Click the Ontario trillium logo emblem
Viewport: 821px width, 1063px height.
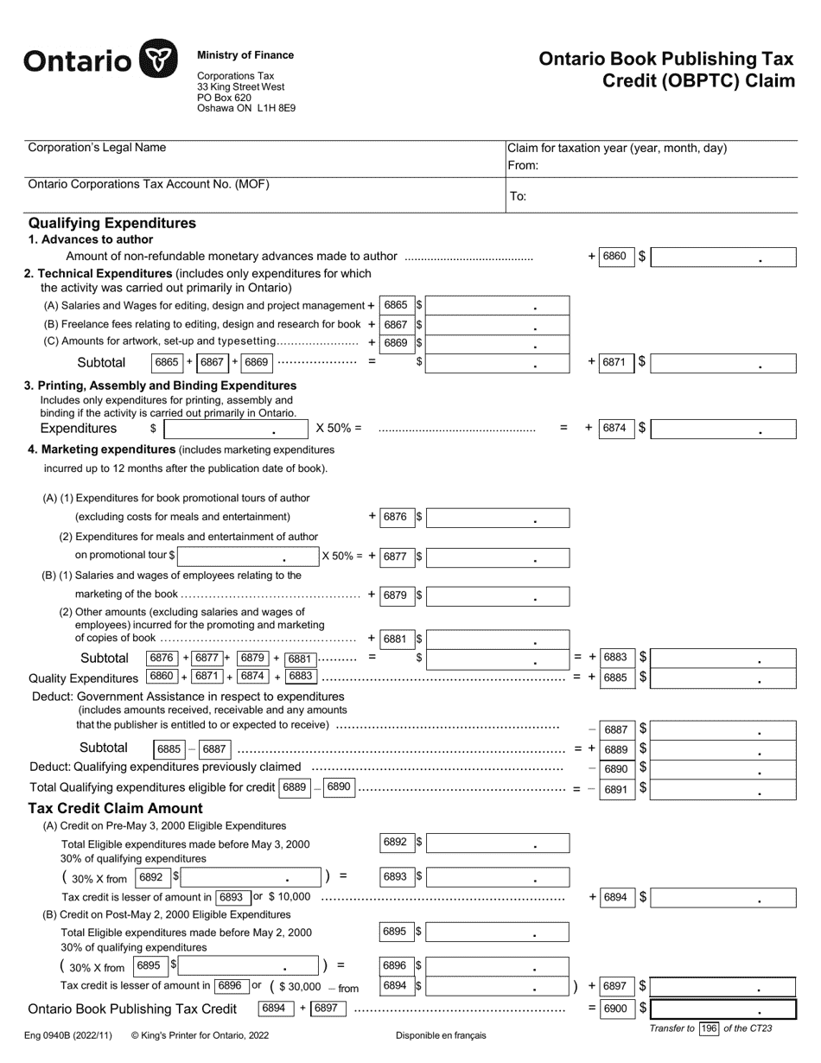coord(158,60)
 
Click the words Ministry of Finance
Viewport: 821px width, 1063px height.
coord(245,55)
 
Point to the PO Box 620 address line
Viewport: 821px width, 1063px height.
coord(224,98)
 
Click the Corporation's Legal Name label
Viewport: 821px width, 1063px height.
coord(97,148)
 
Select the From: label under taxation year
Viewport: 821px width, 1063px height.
coord(523,165)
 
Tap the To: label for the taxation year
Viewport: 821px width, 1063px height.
coord(518,196)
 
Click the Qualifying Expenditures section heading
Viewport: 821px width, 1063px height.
coord(112,223)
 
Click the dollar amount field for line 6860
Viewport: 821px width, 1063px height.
coord(722,257)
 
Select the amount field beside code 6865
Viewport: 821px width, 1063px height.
coord(497,305)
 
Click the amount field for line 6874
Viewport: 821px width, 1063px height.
coord(722,428)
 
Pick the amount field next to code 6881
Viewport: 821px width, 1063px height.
coord(497,640)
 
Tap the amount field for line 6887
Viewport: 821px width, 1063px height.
coord(722,729)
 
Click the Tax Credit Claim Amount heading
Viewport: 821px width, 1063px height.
coord(116,808)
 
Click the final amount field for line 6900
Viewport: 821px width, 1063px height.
coord(722,1009)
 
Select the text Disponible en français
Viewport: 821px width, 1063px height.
coord(441,1034)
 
